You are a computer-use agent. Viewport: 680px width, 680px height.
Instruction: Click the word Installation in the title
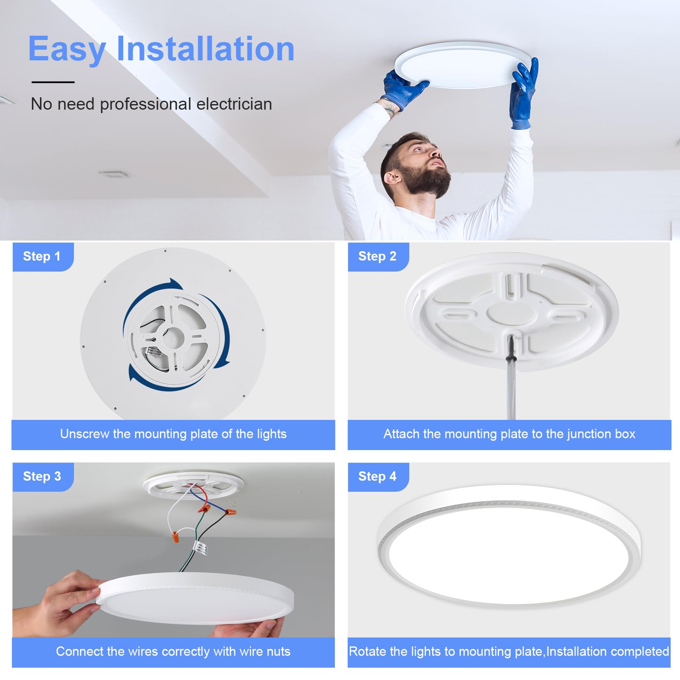(205, 49)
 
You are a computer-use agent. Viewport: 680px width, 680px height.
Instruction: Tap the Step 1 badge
(42, 256)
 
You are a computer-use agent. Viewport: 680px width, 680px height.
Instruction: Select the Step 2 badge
(377, 256)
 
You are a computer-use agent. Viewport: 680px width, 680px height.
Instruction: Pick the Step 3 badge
(42, 476)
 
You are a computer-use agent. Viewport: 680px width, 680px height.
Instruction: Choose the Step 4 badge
(377, 476)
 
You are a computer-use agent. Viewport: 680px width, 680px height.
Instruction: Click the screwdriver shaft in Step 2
(511, 391)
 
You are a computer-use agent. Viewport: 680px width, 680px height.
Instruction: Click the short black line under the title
(53, 82)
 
